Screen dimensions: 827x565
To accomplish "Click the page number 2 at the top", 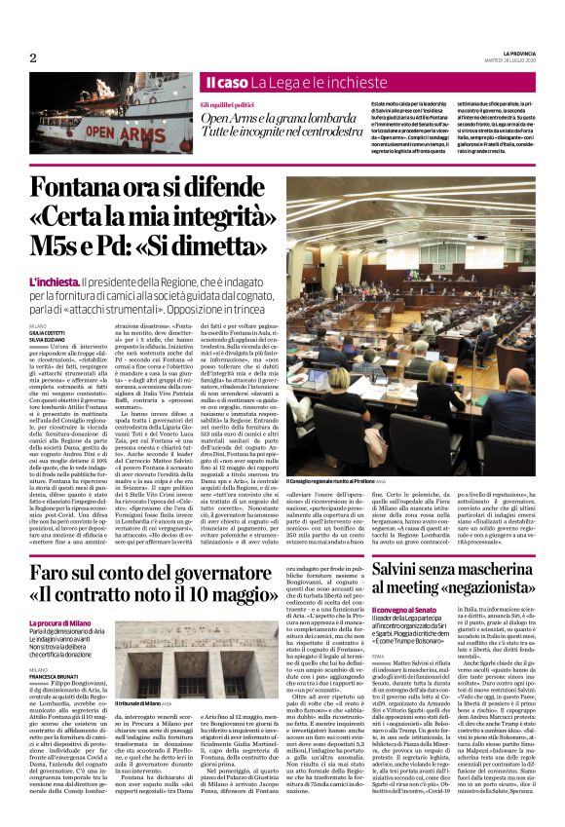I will click(x=33, y=57).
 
